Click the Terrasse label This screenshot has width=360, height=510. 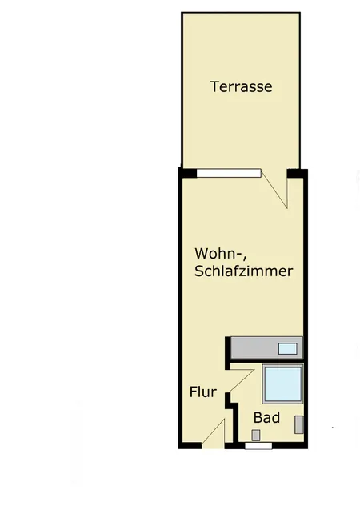tap(241, 86)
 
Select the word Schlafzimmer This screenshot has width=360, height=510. tap(243, 271)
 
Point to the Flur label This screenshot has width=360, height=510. tap(203, 392)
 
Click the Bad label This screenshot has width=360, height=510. tap(266, 417)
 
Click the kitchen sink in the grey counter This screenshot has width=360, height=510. tap(287, 348)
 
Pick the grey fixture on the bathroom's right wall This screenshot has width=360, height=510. tap(298, 424)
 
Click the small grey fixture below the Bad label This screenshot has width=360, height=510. tap(256, 435)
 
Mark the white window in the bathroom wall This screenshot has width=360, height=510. tap(258, 445)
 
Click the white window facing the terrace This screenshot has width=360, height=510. tap(229, 172)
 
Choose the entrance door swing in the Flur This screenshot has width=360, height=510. tap(214, 433)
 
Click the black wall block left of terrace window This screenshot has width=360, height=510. tap(188, 172)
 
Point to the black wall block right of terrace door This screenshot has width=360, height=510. tap(297, 172)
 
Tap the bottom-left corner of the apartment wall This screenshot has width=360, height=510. tap(181, 444)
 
